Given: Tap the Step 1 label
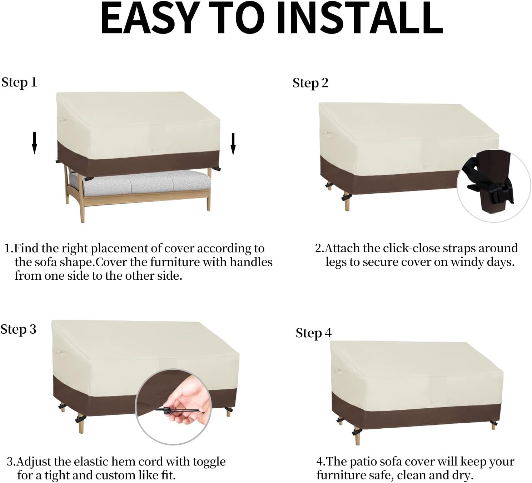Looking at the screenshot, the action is coord(19,82).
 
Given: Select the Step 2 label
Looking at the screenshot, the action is coord(310,83).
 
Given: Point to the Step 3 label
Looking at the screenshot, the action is coord(18,329).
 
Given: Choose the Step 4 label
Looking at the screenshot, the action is coord(313,333).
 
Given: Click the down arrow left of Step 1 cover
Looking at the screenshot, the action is coord(34,143).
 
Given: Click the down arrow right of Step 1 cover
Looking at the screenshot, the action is coord(233,144).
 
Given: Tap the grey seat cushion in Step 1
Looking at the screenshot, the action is coord(138,183).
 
